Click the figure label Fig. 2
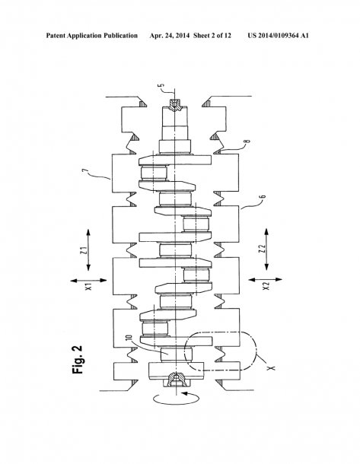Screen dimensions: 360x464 click(x=78, y=359)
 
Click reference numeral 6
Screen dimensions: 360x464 click(x=263, y=196)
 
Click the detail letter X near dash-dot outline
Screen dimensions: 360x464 click(x=271, y=368)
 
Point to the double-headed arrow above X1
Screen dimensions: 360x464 click(x=88, y=280)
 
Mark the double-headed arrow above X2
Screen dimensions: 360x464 click(x=266, y=279)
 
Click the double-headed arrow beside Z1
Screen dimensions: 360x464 click(x=88, y=249)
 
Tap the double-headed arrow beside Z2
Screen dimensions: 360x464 click(x=266, y=249)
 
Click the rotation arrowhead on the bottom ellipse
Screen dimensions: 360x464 click(x=184, y=393)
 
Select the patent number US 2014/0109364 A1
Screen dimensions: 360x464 click(x=278, y=36)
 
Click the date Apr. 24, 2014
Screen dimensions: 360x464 click(x=170, y=36)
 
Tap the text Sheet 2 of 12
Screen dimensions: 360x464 click(x=212, y=36)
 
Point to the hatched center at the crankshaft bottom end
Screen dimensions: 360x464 click(x=176, y=380)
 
